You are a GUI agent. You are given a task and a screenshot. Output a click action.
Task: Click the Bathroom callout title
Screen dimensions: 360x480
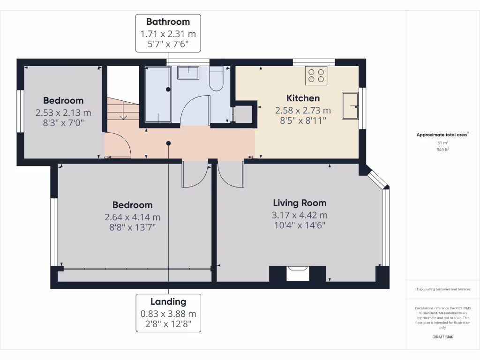click(168, 22)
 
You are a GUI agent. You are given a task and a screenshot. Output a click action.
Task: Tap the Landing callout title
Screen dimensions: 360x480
click(168, 301)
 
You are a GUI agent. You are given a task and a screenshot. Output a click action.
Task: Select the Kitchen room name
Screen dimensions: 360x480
click(303, 98)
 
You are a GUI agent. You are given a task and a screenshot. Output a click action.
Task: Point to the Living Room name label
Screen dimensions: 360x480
click(300, 203)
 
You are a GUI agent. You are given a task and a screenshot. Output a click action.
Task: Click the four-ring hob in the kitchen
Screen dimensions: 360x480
click(316, 76)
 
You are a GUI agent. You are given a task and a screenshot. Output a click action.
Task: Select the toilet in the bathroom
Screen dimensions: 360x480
click(216, 79)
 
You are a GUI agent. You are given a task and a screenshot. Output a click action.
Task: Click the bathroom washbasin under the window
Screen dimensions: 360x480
click(188, 73)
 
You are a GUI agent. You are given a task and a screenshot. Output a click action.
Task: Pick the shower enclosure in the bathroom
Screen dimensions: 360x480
click(158, 94)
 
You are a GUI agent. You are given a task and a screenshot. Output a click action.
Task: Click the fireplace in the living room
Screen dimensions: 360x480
click(297, 273)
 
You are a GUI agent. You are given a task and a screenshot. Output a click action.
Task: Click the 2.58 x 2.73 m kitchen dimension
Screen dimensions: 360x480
click(303, 111)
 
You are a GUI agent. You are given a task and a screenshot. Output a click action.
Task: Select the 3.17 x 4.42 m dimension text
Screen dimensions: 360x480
click(300, 215)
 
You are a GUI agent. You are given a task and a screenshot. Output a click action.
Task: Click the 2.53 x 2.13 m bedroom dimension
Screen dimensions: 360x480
click(63, 112)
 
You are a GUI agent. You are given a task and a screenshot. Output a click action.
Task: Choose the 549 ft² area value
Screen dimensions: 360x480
click(443, 150)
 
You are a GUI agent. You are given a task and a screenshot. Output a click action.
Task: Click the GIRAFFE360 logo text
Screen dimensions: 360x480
click(443, 337)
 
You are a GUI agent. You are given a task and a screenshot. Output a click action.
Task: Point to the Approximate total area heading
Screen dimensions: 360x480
click(442, 135)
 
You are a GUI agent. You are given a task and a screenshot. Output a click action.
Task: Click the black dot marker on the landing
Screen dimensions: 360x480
click(168, 143)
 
